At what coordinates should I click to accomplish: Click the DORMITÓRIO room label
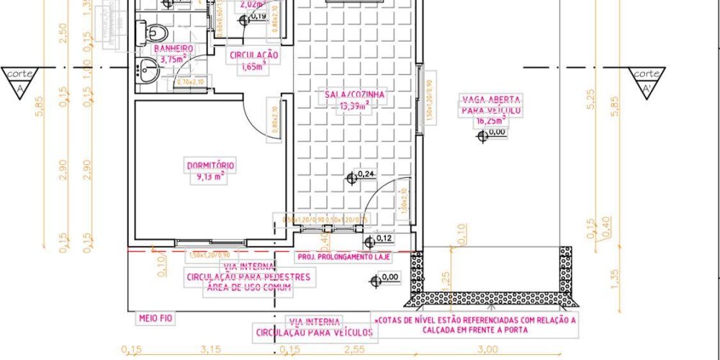tap(211, 166)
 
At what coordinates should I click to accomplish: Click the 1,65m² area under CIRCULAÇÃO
tap(253, 66)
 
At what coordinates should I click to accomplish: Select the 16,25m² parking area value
tap(491, 122)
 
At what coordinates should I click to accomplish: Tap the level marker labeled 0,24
tap(352, 176)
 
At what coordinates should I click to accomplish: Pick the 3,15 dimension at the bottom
tap(211, 351)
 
